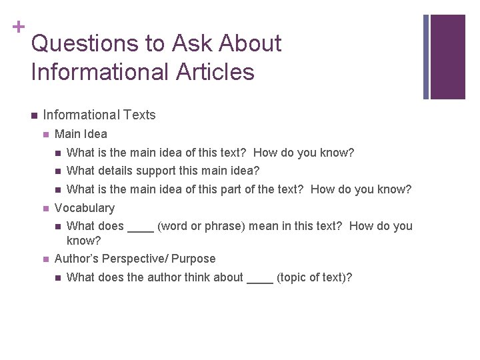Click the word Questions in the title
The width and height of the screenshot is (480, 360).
[83, 44]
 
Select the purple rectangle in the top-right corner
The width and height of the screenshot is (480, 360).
[447, 57]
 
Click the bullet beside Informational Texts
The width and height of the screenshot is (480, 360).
[33, 115]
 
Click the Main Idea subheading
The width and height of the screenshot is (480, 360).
[81, 134]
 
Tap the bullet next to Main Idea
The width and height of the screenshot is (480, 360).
[45, 134]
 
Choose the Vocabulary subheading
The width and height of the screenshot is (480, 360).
[85, 208]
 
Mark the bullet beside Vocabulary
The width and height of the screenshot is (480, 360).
[45, 209]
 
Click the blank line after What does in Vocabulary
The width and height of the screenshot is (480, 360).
[141, 230]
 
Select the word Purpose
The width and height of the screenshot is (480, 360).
[194, 259]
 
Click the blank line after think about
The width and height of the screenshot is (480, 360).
[260, 281]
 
